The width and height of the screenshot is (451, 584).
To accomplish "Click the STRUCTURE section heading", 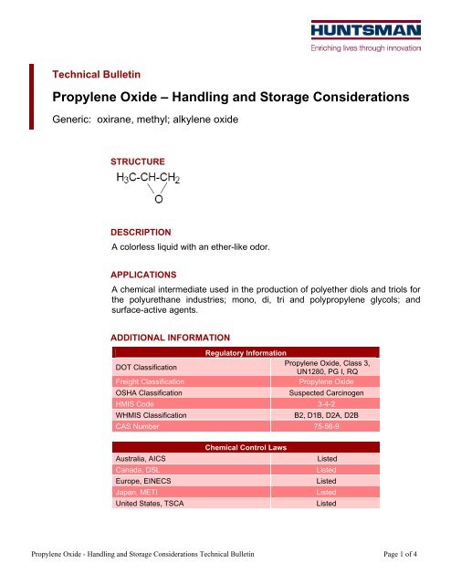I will click(x=138, y=162).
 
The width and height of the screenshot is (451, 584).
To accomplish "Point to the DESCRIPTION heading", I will click(x=141, y=233).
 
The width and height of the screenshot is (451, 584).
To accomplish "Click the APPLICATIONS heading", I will click(x=143, y=273).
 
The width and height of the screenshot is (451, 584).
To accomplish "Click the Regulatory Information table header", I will click(x=246, y=352).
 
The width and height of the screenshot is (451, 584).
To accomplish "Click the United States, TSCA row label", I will click(x=150, y=502).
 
